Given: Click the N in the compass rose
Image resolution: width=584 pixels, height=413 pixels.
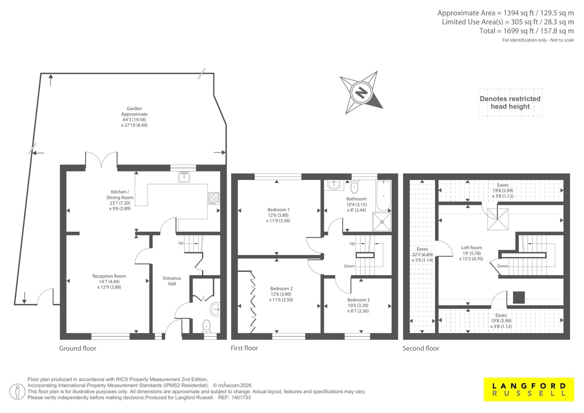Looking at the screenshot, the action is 361,92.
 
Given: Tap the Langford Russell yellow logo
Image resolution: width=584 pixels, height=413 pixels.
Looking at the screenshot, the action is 529,389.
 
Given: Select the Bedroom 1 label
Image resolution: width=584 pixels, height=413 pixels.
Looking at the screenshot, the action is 278,215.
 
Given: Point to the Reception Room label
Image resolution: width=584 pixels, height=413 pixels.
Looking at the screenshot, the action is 109,282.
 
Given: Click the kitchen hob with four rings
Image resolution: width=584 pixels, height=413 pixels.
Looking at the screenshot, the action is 214,198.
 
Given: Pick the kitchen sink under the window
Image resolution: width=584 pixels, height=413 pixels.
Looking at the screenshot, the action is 184,177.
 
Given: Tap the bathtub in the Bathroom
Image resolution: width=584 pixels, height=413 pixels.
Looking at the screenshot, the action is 384,195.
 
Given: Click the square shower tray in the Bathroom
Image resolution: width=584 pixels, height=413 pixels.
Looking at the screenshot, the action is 382,222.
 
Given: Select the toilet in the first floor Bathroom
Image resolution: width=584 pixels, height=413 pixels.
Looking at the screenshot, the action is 354,186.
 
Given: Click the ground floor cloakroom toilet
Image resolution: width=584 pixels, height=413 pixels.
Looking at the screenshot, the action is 207,326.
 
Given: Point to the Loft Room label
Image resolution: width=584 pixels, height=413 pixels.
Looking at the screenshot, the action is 471,253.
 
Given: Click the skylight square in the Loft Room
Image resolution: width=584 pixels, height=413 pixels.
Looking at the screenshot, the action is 498,219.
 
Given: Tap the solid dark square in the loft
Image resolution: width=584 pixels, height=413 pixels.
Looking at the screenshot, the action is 519,297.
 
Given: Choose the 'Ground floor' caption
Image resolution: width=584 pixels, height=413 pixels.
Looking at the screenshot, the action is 78,348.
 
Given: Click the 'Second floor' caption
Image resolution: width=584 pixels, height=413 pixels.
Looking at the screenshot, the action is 421,348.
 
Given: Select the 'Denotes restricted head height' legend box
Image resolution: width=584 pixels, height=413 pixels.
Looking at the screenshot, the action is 510,103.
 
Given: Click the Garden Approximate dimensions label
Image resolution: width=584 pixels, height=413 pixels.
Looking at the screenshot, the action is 134,116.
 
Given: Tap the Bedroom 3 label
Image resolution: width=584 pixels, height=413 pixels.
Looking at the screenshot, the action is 358,305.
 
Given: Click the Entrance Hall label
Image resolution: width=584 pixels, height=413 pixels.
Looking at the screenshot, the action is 172,281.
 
